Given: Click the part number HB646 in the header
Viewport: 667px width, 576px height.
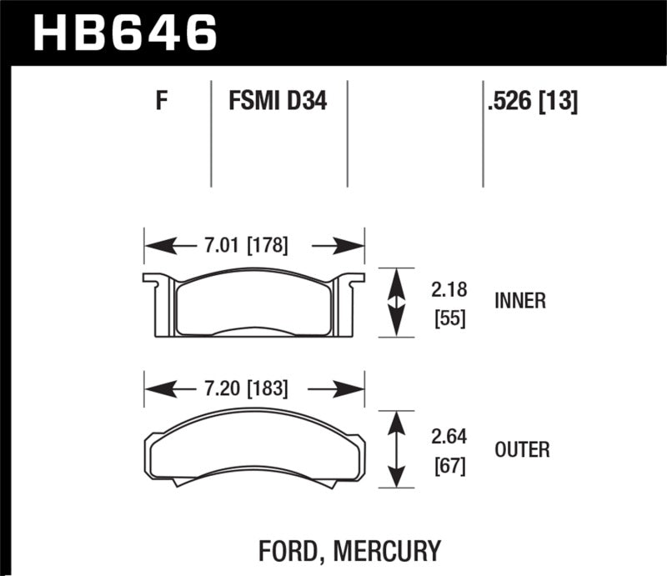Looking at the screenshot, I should point(125,33).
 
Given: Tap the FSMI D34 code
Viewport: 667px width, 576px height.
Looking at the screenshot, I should point(277,103).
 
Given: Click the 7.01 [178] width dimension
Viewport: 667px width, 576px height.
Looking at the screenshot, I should point(246,246).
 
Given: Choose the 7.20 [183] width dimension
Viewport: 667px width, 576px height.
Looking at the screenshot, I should point(246,388).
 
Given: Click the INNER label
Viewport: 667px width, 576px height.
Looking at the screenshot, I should point(519,302).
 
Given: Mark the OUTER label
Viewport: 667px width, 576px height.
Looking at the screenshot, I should point(522,450).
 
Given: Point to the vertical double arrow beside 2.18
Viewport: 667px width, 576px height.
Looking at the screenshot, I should point(398,303).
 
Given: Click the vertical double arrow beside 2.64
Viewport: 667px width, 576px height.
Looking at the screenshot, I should point(398,448).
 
